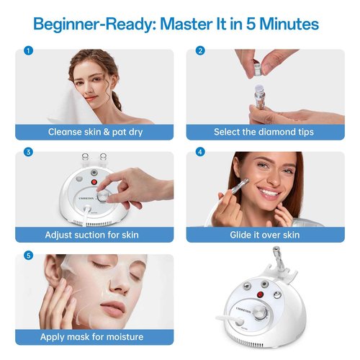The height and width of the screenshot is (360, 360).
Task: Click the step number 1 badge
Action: pos(28,51)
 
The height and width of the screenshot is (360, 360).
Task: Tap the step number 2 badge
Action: pos(200,51)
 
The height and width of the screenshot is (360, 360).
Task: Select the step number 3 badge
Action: pos(28,152)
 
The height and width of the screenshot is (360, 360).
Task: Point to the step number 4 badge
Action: pos(200,152)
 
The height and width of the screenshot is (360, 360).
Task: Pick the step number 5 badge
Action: pos(28,255)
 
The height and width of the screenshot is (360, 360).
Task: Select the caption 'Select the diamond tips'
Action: pos(266,132)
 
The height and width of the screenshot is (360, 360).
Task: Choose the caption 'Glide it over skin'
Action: pos(266,235)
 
